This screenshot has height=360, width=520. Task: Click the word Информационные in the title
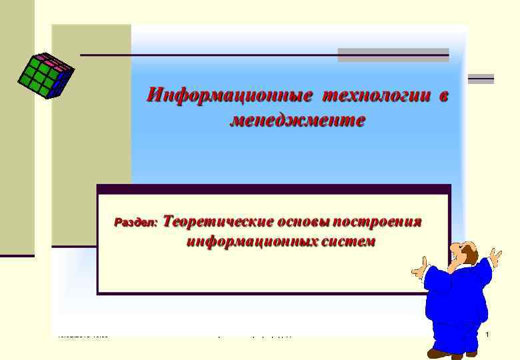tap(229, 95)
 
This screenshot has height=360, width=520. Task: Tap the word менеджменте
tap(297, 121)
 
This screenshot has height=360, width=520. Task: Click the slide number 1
tap(487, 333)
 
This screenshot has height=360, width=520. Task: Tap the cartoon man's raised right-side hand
tap(494, 256)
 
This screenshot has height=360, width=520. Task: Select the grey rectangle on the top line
tap(393, 55)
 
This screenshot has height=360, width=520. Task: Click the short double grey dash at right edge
tap(481, 79)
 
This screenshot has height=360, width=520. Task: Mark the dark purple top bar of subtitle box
tap(273, 189)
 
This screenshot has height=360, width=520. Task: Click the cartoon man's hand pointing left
tap(418, 271)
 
